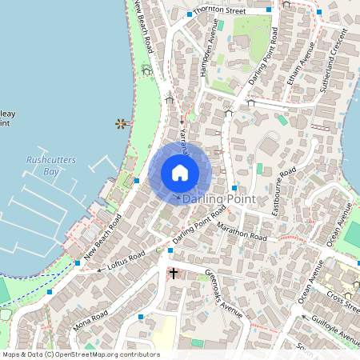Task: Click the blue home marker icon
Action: coord(180,173)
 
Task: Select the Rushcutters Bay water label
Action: coord(50,166)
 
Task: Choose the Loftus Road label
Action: coord(125,259)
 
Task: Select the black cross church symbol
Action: coord(173,274)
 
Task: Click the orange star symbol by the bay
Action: coord(120,123)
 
